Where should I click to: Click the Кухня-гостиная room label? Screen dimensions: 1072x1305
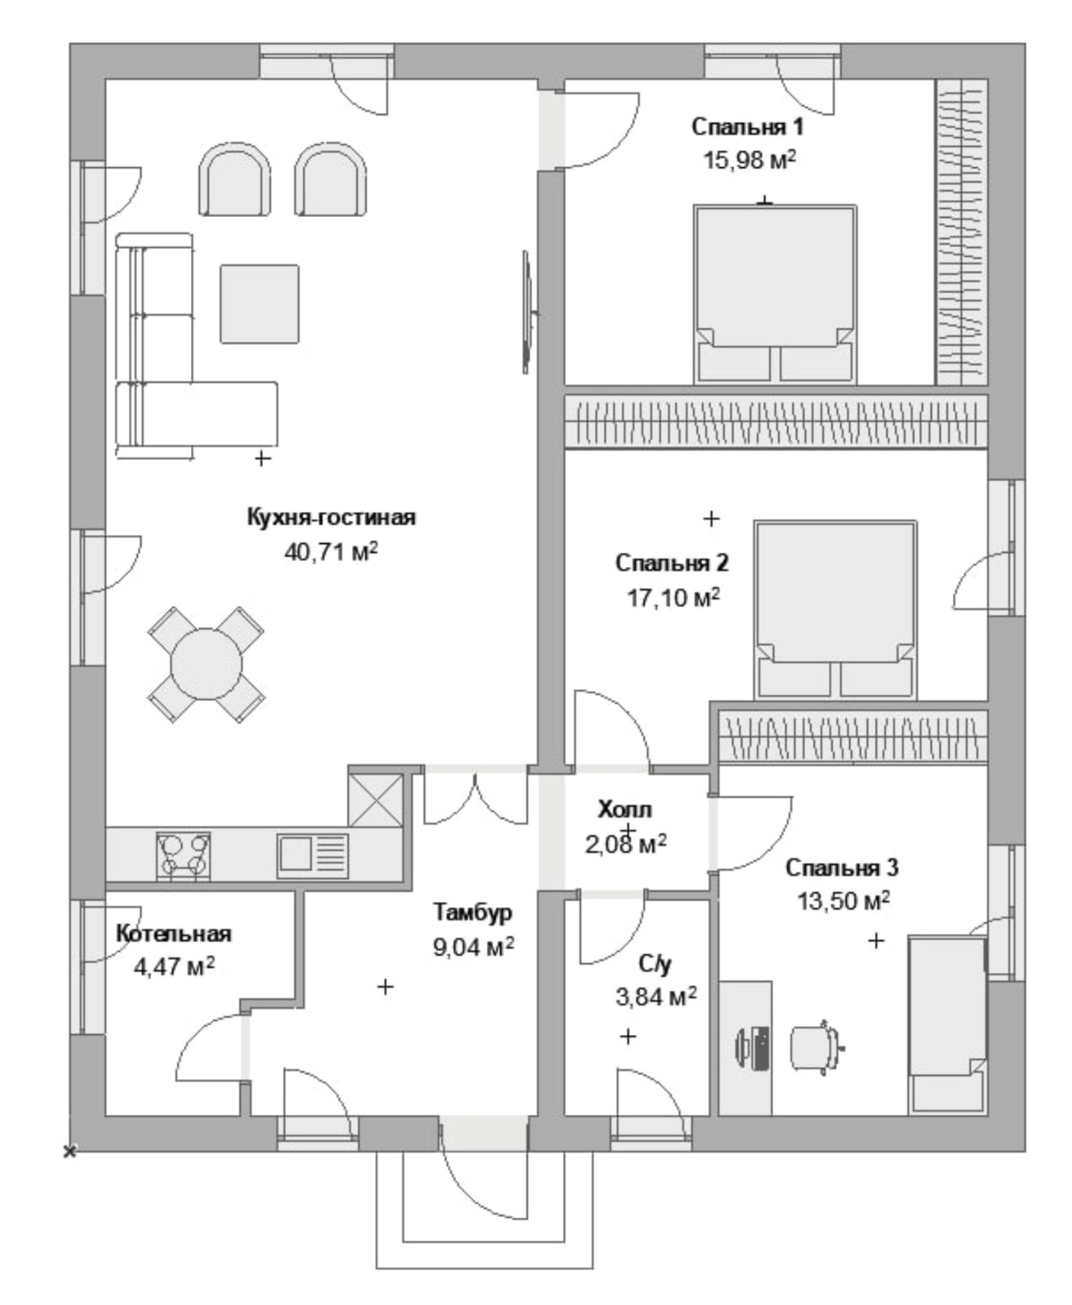click(x=331, y=516)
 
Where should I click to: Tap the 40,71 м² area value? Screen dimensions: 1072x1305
click(x=331, y=551)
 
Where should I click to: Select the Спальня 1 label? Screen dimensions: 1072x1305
click(x=747, y=127)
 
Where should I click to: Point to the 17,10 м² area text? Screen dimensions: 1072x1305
click(x=674, y=598)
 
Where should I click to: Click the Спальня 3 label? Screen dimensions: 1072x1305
click(x=842, y=868)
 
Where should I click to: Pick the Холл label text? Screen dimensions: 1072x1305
click(x=625, y=809)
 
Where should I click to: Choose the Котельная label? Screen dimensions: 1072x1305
click(x=174, y=933)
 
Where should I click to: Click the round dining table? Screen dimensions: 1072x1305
click(x=206, y=664)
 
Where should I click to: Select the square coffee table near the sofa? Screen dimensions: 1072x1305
click(x=260, y=303)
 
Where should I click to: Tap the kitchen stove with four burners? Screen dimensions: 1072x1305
click(x=184, y=856)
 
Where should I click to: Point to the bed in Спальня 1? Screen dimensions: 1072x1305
click(x=775, y=294)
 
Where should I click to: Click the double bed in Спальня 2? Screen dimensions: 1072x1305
click(x=835, y=609)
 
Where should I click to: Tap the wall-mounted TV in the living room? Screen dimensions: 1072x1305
click(x=527, y=312)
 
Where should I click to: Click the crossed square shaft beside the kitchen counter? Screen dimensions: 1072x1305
click(x=376, y=799)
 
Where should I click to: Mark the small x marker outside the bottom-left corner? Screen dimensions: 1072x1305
click(x=70, y=1151)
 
